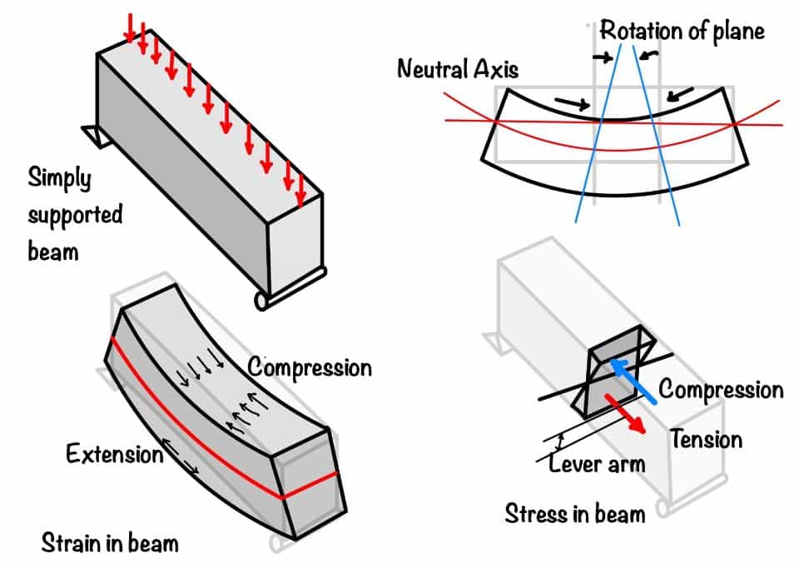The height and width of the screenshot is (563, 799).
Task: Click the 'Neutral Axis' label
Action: [457, 68]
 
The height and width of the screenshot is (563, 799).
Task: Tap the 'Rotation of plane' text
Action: [682, 31]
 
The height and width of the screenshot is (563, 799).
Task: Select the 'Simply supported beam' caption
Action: [74, 213]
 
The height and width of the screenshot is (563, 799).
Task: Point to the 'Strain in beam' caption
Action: [110, 542]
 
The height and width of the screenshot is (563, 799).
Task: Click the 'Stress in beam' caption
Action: [574, 513]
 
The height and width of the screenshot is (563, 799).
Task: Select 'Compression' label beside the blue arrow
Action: [721, 389]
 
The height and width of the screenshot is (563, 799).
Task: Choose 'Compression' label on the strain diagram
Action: [310, 366]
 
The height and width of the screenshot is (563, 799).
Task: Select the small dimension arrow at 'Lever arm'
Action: [562, 441]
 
